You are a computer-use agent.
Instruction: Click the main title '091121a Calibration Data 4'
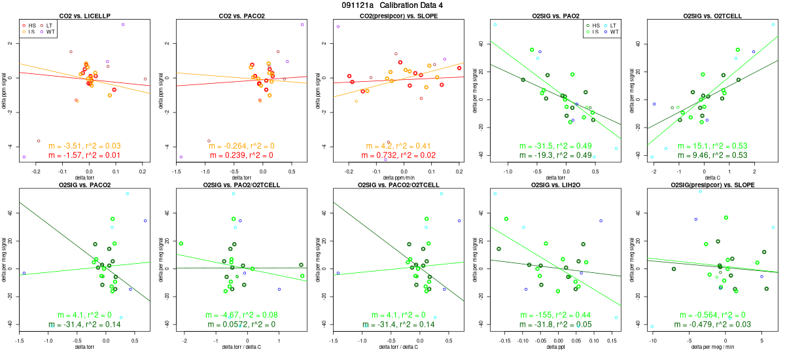point(392,5)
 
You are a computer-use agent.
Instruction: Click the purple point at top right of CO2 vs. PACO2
point(302,25)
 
